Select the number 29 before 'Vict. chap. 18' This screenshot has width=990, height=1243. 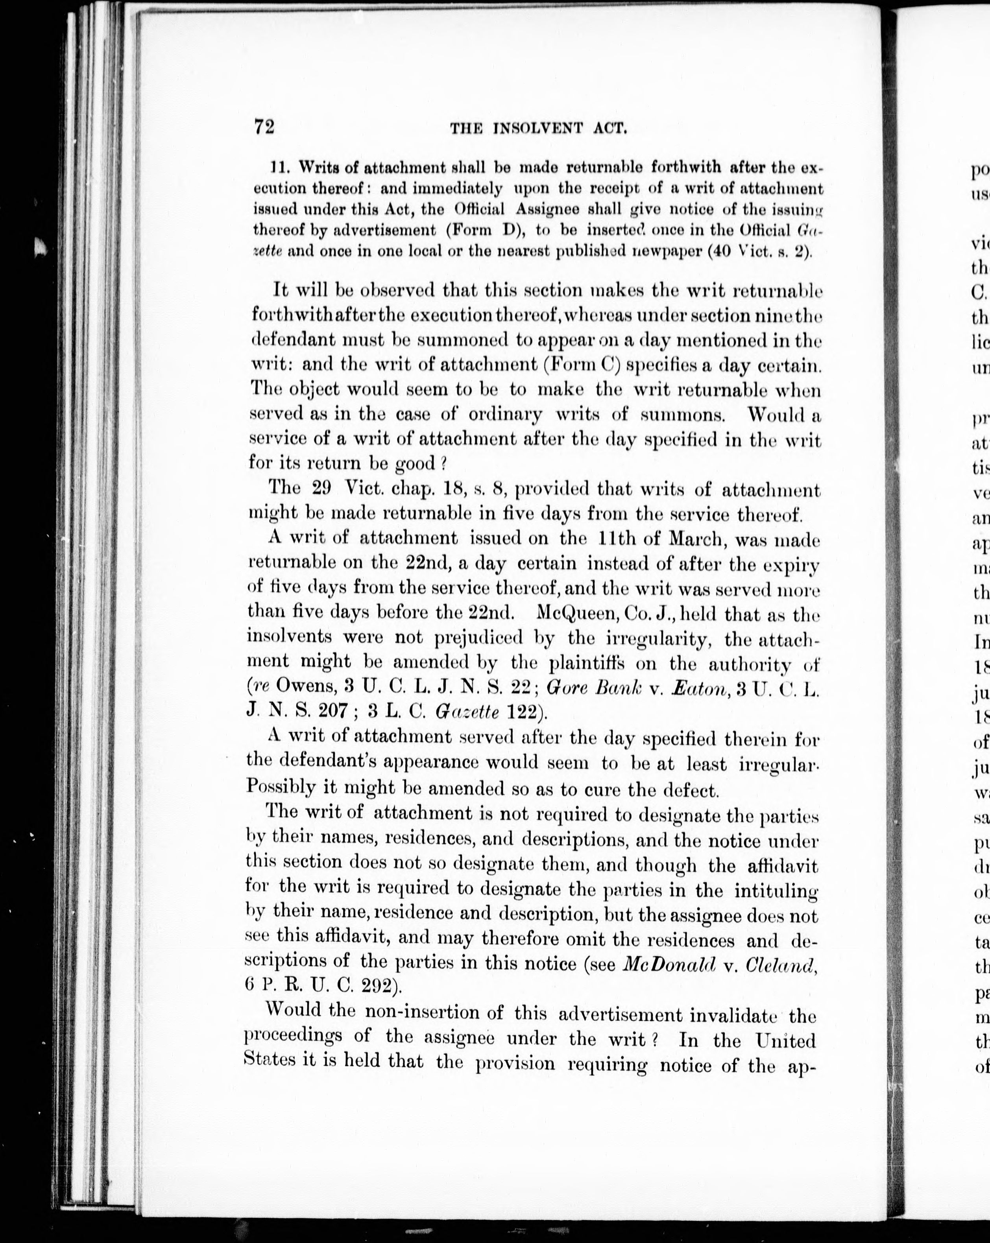tap(321, 488)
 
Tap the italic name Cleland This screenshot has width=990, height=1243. tap(781, 963)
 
